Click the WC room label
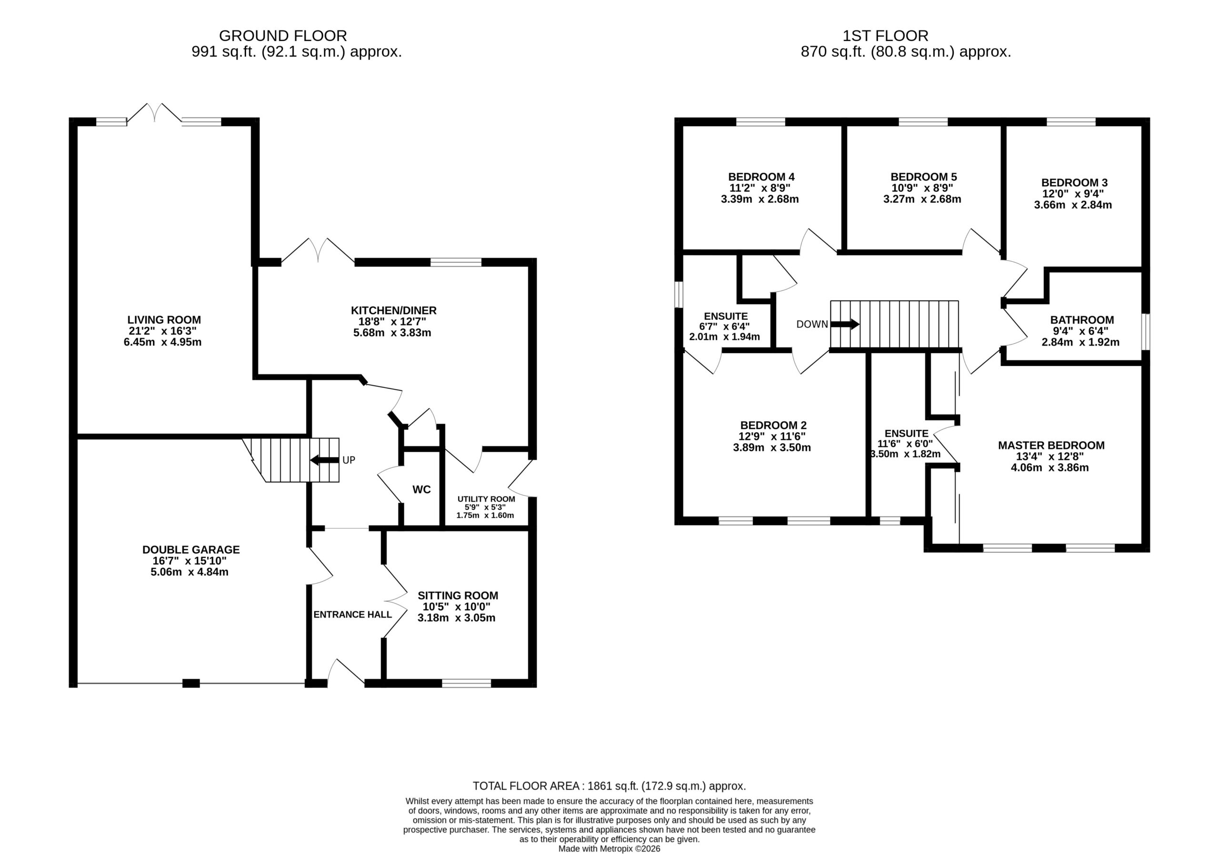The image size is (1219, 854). coord(421,489)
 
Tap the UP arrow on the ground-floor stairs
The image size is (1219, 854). coord(324,460)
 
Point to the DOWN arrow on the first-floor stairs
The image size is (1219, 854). coord(845,324)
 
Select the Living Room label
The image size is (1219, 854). coord(164,320)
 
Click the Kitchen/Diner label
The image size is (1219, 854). coord(393,310)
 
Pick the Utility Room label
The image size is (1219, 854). coord(486,499)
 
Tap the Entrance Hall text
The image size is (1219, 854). coord(352,615)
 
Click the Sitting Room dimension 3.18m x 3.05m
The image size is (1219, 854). coord(457,618)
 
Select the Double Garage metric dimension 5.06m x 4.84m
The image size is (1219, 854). coord(190,572)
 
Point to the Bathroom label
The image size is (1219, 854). coord(1082,320)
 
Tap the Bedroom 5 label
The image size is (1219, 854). coord(924,177)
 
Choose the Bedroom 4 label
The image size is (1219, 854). coord(761,177)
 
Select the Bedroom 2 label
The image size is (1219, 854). coord(774,425)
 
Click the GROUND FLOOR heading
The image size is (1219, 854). coord(283,36)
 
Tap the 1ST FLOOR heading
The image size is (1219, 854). coord(886,36)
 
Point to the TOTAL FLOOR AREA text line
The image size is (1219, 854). coord(609,786)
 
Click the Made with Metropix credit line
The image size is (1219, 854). coord(609,849)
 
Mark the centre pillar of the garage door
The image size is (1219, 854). coord(191,683)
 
